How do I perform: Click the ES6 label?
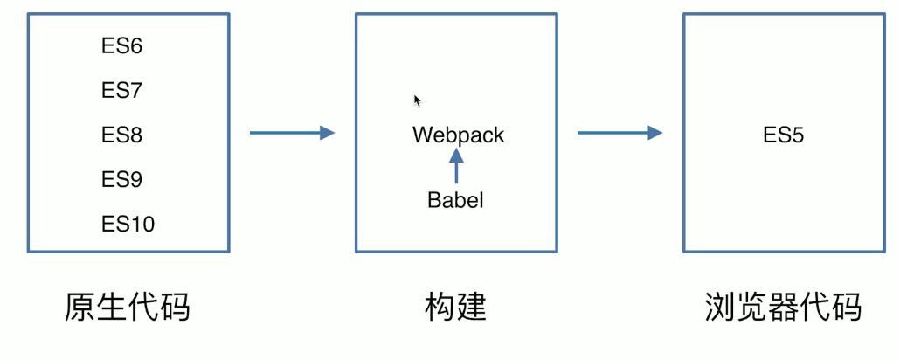121,46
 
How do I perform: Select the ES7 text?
121,91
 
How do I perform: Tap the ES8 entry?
121,135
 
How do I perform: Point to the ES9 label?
121,180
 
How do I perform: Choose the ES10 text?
128,225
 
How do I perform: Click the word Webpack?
458,135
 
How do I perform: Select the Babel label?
455,200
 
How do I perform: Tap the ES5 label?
783,135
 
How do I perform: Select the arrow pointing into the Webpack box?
292,133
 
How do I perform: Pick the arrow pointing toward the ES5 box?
620,133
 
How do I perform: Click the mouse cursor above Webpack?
418,100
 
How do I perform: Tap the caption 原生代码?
128,307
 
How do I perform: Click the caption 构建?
455,307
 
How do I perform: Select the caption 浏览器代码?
783,307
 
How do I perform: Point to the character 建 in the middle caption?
471,307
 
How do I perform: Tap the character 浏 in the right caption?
720,307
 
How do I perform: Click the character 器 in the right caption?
783,307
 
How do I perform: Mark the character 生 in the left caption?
112,307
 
